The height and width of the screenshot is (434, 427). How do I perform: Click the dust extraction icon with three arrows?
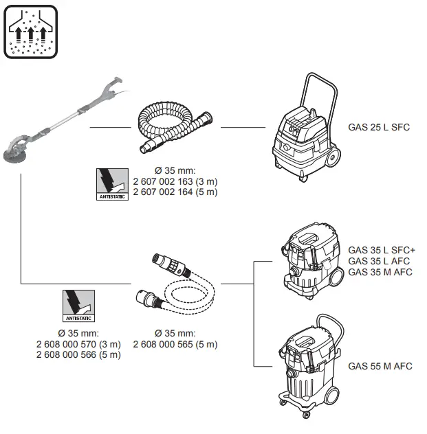point(30,31)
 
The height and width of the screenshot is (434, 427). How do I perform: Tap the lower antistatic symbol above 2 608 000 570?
point(78,306)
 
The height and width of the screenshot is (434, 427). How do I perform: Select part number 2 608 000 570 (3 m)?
point(78,344)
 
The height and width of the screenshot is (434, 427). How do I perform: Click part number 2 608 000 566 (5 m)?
point(78,354)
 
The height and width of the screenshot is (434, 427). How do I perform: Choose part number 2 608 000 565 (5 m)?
point(175,344)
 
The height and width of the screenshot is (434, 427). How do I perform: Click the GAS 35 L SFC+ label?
point(382,250)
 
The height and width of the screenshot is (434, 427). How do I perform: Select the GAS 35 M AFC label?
point(380,272)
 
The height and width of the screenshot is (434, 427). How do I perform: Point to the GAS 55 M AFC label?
point(380,366)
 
